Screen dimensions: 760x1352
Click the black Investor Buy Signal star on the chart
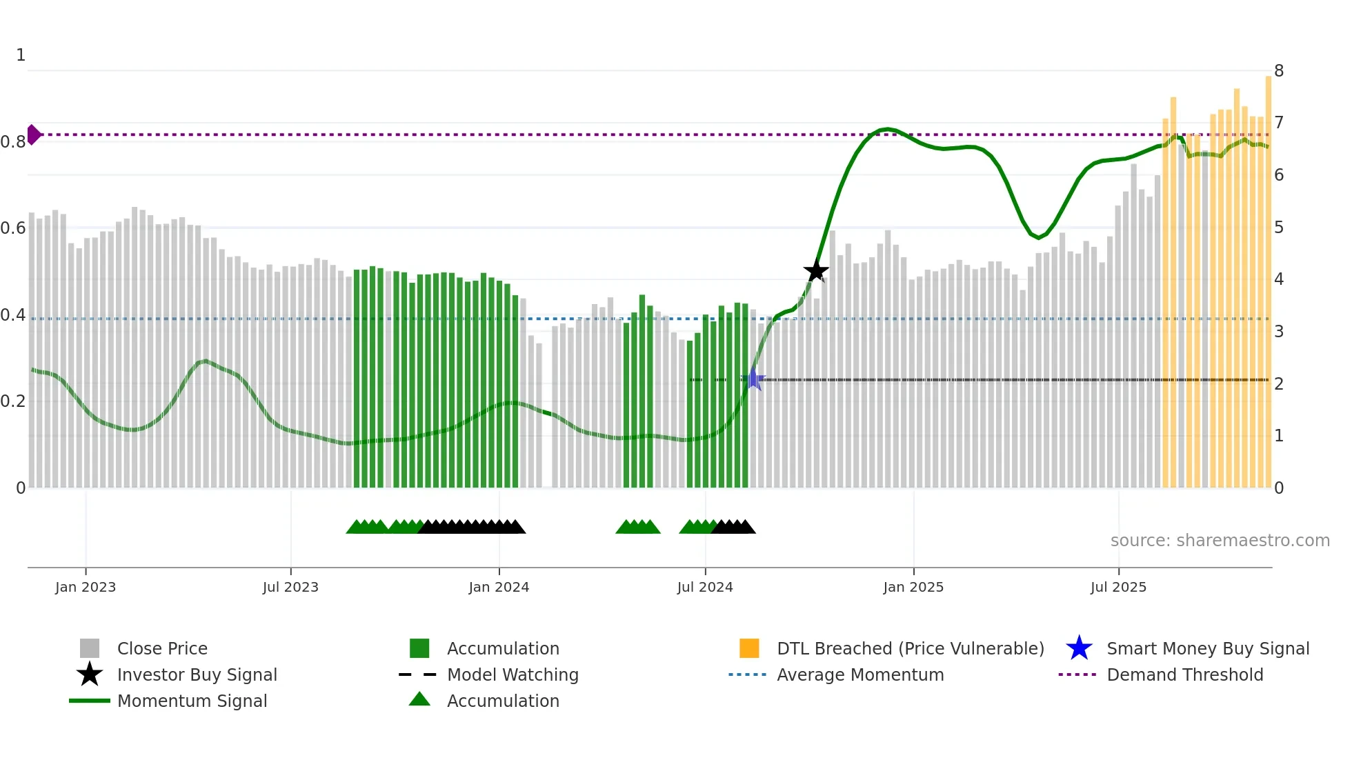(816, 271)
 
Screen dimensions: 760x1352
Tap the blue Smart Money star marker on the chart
(753, 379)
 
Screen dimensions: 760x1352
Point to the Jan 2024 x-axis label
(499, 588)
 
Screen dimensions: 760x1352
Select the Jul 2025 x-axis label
(1118, 588)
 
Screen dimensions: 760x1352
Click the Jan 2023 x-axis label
(86, 588)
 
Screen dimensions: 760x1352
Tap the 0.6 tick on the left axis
(13, 228)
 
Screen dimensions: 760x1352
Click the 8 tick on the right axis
(1279, 71)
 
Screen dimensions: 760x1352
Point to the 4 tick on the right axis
(1279, 279)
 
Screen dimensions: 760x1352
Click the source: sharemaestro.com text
(1220, 541)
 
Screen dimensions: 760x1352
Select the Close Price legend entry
(162, 649)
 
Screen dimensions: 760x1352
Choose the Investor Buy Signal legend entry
(197, 675)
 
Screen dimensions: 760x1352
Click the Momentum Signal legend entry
(192, 701)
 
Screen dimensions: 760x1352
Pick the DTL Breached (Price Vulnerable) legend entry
(910, 649)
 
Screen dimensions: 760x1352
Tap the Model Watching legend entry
(513, 675)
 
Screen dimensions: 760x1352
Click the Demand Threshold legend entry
(1184, 675)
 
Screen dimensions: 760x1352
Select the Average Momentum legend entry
(860, 675)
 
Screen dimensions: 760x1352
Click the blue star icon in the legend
(1079, 648)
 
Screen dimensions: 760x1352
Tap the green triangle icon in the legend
(419, 700)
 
